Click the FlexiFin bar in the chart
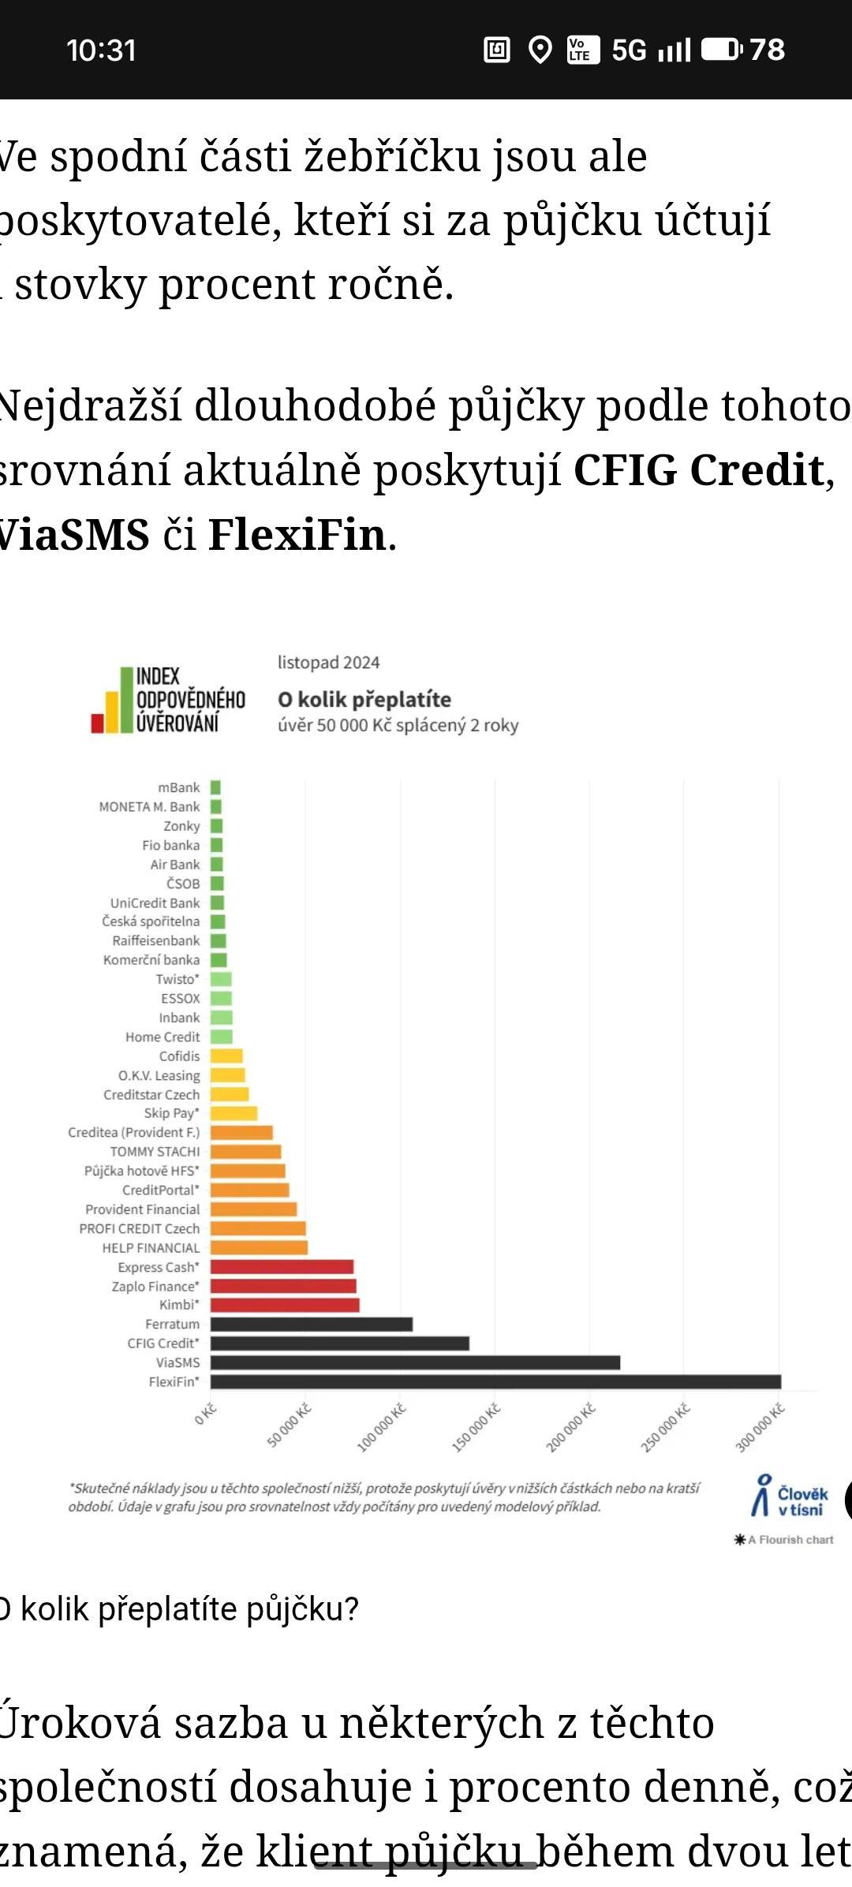495,1381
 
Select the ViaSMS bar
415,1362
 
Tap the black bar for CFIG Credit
340,1343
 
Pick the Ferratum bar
312,1324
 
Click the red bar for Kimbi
285,1305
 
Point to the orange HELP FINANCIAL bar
259,1247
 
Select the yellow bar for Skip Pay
234,1113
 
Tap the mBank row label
179,787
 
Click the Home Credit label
163,1037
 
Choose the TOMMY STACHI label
155,1152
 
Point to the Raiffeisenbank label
156,940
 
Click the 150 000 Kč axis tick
476,1427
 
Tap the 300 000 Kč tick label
760,1427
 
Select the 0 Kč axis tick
205,1413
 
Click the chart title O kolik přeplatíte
364,700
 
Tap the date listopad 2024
328,663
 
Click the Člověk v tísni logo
790,1496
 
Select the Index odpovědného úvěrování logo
168,700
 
